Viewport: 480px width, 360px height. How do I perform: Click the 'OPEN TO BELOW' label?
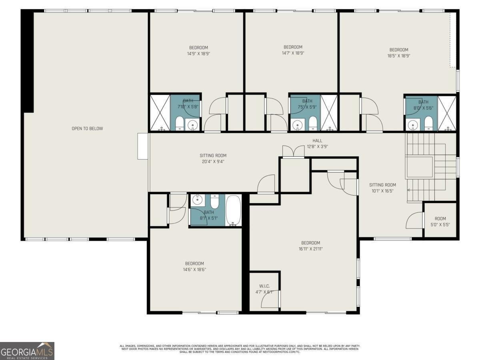[x=87, y=128]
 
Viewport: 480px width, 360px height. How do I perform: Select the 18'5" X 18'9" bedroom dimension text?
[x=399, y=56]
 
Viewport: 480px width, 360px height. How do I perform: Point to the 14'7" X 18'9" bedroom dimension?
[x=293, y=53]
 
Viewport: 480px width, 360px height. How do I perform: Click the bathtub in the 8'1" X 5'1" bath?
[x=233, y=210]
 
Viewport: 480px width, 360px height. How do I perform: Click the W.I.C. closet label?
[x=264, y=286]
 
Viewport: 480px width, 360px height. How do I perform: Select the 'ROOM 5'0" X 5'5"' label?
[x=440, y=222]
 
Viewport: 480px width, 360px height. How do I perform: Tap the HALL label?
[x=317, y=141]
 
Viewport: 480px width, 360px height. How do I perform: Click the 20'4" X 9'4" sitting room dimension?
[x=213, y=162]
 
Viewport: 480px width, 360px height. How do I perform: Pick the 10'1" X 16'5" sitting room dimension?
[x=382, y=191]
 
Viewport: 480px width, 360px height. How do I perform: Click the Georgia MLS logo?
[x=27, y=351]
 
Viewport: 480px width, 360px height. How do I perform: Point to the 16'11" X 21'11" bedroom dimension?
[x=310, y=248]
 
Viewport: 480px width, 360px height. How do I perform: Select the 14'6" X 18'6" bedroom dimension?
[x=194, y=269]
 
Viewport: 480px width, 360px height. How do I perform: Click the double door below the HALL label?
[x=294, y=152]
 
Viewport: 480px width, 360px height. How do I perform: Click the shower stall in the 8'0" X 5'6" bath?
[x=447, y=113]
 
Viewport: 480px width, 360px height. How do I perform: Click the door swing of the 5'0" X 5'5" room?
[x=415, y=221]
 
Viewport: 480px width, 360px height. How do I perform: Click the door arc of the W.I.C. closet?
[x=270, y=300]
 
